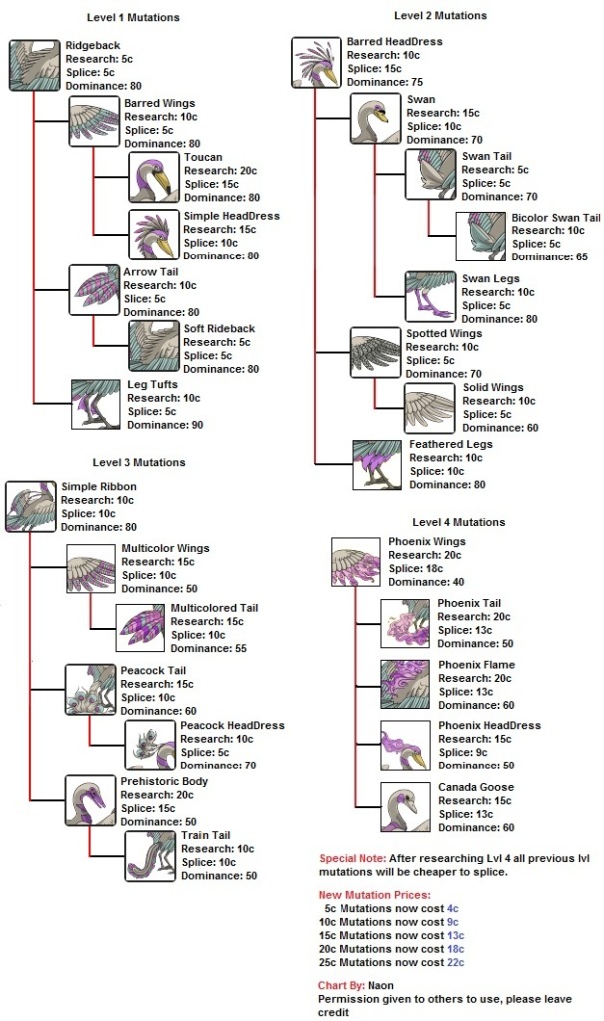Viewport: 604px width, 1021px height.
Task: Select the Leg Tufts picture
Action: coord(95,403)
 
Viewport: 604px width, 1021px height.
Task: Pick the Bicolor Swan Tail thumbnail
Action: coord(481,237)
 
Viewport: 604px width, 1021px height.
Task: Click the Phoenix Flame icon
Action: coord(405,684)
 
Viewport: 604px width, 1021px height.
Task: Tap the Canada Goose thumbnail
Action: coord(405,807)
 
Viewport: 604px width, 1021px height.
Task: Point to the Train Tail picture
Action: coord(150,855)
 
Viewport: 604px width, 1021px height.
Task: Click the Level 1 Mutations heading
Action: coord(135,18)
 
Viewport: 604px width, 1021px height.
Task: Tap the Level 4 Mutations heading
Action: coord(459,522)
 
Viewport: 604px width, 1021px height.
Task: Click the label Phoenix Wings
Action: coord(426,542)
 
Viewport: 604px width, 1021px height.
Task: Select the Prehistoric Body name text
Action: coord(165,781)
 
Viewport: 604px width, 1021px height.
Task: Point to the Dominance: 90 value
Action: coord(164,425)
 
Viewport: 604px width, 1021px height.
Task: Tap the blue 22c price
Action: coord(455,962)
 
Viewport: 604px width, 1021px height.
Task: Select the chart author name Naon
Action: coord(381,985)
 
